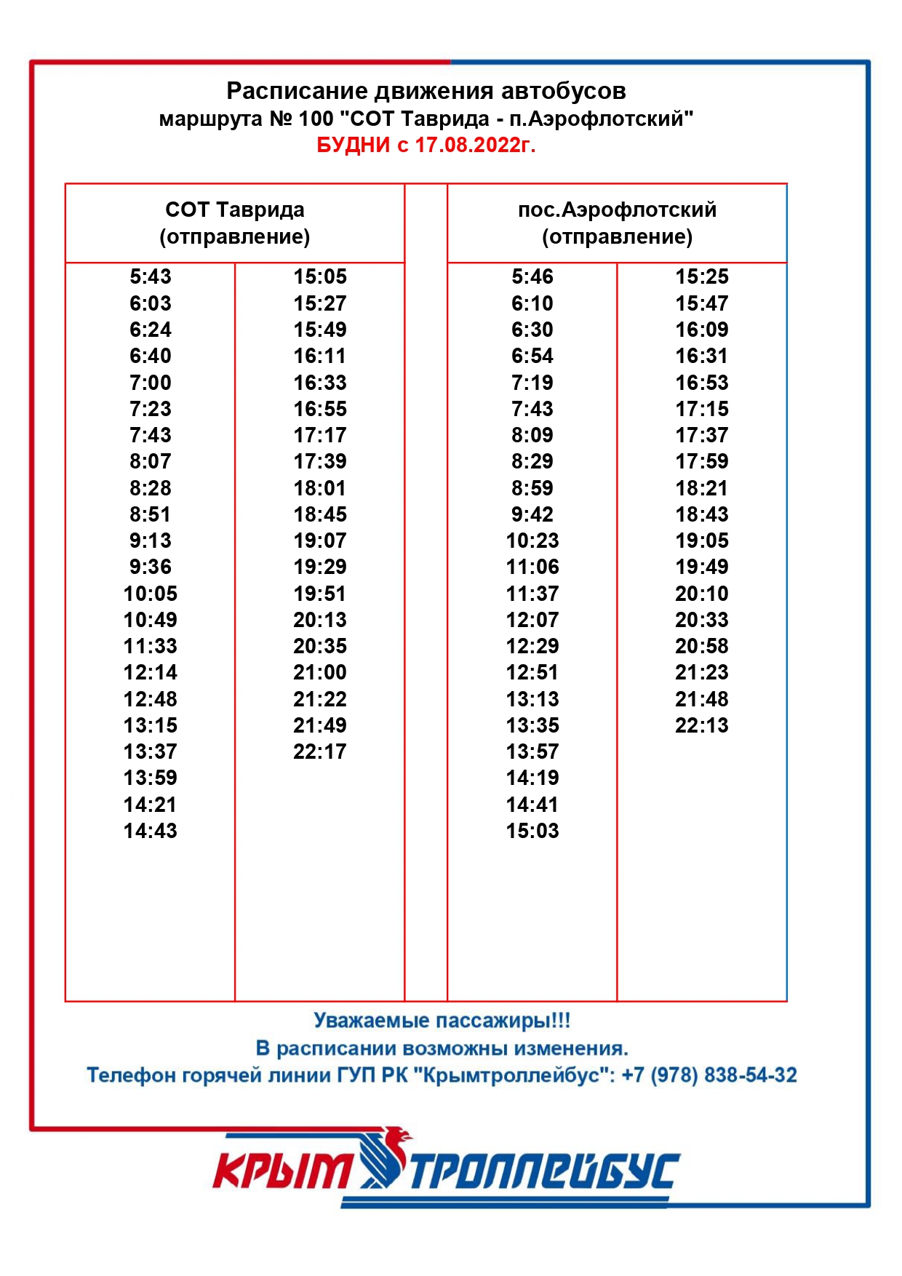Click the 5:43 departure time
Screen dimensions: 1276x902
[x=151, y=276]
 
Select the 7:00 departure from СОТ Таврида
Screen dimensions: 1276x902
[x=151, y=383]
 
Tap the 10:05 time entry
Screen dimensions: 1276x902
[x=151, y=594]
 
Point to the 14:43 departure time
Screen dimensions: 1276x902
[x=151, y=831]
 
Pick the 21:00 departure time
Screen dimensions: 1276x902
[x=320, y=672]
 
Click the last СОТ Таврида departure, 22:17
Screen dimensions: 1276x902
[x=320, y=751]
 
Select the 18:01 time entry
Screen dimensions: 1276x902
[x=320, y=488]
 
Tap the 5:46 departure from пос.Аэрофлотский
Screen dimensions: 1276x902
[x=532, y=276]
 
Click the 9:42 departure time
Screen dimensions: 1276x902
[x=532, y=514]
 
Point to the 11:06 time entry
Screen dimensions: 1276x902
[x=532, y=567]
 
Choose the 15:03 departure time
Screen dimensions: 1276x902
[x=532, y=831]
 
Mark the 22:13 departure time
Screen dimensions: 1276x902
[x=702, y=725]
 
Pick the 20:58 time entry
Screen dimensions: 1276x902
[x=702, y=646]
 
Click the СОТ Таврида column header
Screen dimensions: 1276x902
[x=235, y=223]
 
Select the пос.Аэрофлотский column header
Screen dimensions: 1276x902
[x=617, y=223]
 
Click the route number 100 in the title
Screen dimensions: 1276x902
[x=316, y=119]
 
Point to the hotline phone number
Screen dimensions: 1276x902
[x=709, y=1075]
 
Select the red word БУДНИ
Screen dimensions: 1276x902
[x=354, y=145]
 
